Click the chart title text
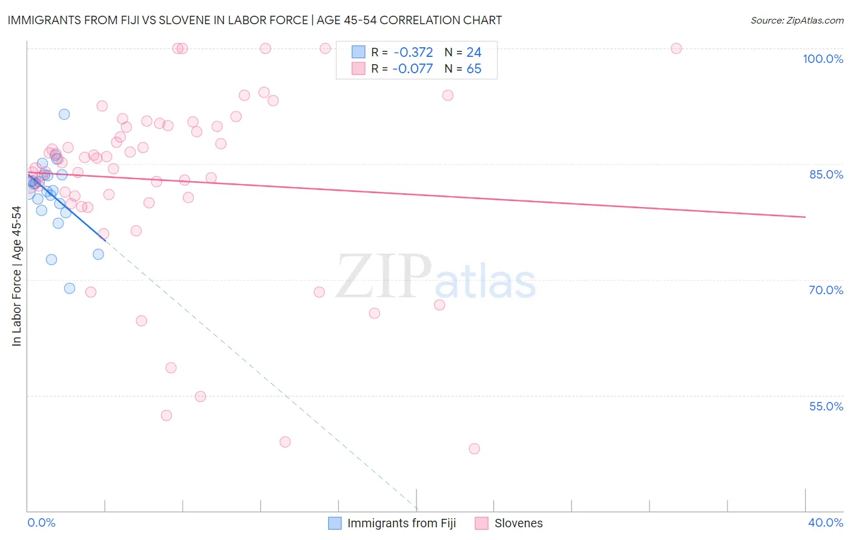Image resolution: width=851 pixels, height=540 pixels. click(254, 20)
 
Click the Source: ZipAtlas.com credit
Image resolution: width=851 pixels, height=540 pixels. click(797, 20)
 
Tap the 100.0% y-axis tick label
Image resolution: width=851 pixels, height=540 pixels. click(823, 59)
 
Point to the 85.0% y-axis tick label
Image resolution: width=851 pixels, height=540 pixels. click(826, 174)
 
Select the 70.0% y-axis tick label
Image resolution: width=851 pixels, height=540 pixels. click(826, 290)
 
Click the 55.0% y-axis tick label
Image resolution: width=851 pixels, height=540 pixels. click(826, 406)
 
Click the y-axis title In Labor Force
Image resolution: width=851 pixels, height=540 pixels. click(16, 276)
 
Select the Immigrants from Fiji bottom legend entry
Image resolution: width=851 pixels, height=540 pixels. click(401, 523)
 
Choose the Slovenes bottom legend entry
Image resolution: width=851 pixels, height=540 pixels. click(518, 523)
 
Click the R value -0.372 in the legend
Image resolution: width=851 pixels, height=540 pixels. click(412, 53)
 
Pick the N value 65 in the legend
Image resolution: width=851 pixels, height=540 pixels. click(473, 69)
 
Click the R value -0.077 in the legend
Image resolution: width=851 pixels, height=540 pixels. click(412, 69)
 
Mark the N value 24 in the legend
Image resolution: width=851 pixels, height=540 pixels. click(473, 53)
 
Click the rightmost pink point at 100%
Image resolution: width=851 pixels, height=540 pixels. click(676, 48)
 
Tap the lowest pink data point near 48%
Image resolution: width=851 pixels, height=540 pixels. click(474, 449)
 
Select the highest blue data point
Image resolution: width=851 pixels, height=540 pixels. click(64, 114)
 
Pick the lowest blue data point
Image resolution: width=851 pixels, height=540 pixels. click(70, 288)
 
